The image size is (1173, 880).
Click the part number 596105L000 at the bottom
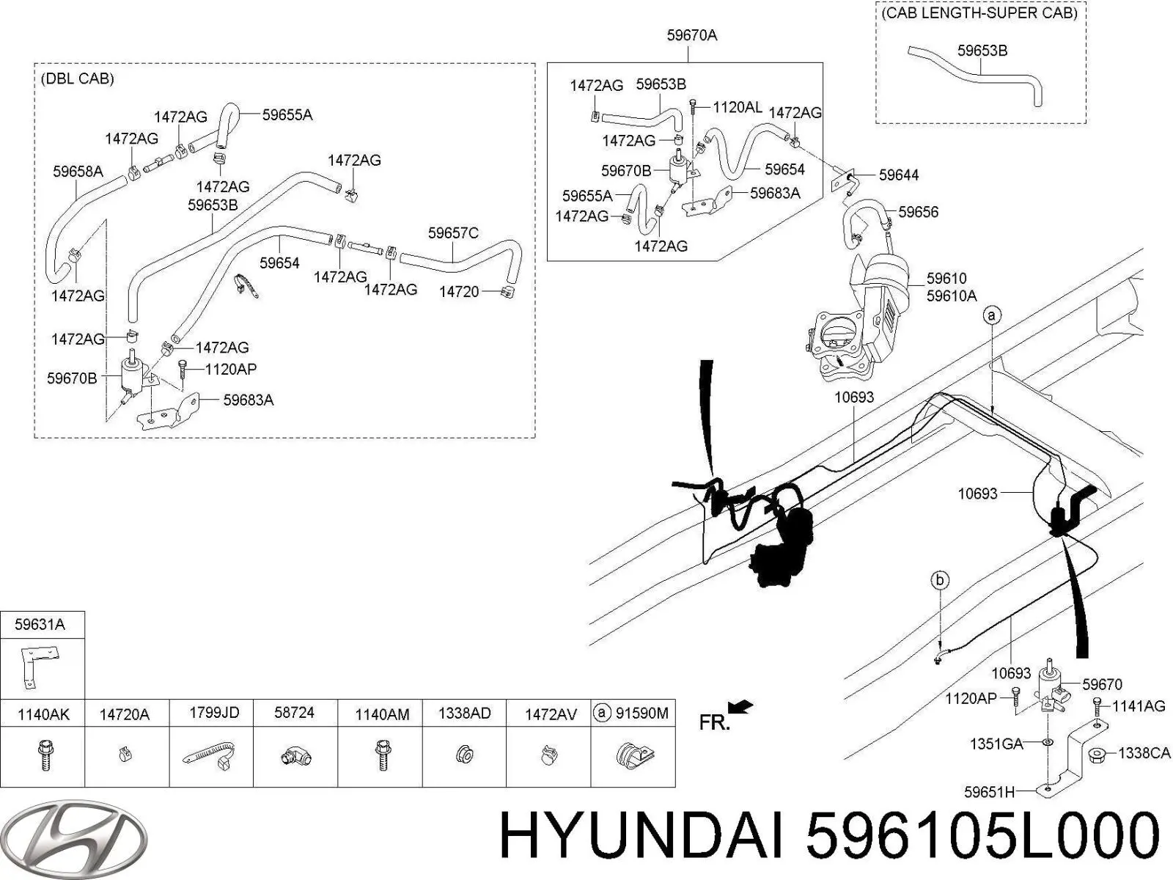pyautogui.click(x=982, y=837)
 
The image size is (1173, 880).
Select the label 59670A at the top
pyautogui.click(x=691, y=34)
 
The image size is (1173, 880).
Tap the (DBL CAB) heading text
pyautogui.click(x=78, y=78)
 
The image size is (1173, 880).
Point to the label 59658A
pyautogui.click(x=78, y=172)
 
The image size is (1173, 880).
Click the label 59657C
pyautogui.click(x=453, y=233)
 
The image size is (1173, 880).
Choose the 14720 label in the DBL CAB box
pyautogui.click(x=459, y=292)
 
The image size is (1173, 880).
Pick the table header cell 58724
pyautogui.click(x=294, y=713)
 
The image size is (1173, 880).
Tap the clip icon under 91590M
pyautogui.click(x=634, y=755)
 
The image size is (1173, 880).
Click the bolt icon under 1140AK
pyautogui.click(x=43, y=755)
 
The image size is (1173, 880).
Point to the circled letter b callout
pyautogui.click(x=940, y=581)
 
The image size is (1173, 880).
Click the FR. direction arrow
pyautogui.click(x=741, y=707)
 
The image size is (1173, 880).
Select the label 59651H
pyautogui.click(x=989, y=791)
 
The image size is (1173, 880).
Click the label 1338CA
pyautogui.click(x=1144, y=753)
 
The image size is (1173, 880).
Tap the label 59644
pyautogui.click(x=899, y=175)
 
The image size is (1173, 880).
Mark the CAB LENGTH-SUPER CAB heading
pyautogui.click(x=979, y=13)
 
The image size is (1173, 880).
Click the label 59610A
pyautogui.click(x=952, y=296)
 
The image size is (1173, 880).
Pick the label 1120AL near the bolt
pyautogui.click(x=737, y=107)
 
